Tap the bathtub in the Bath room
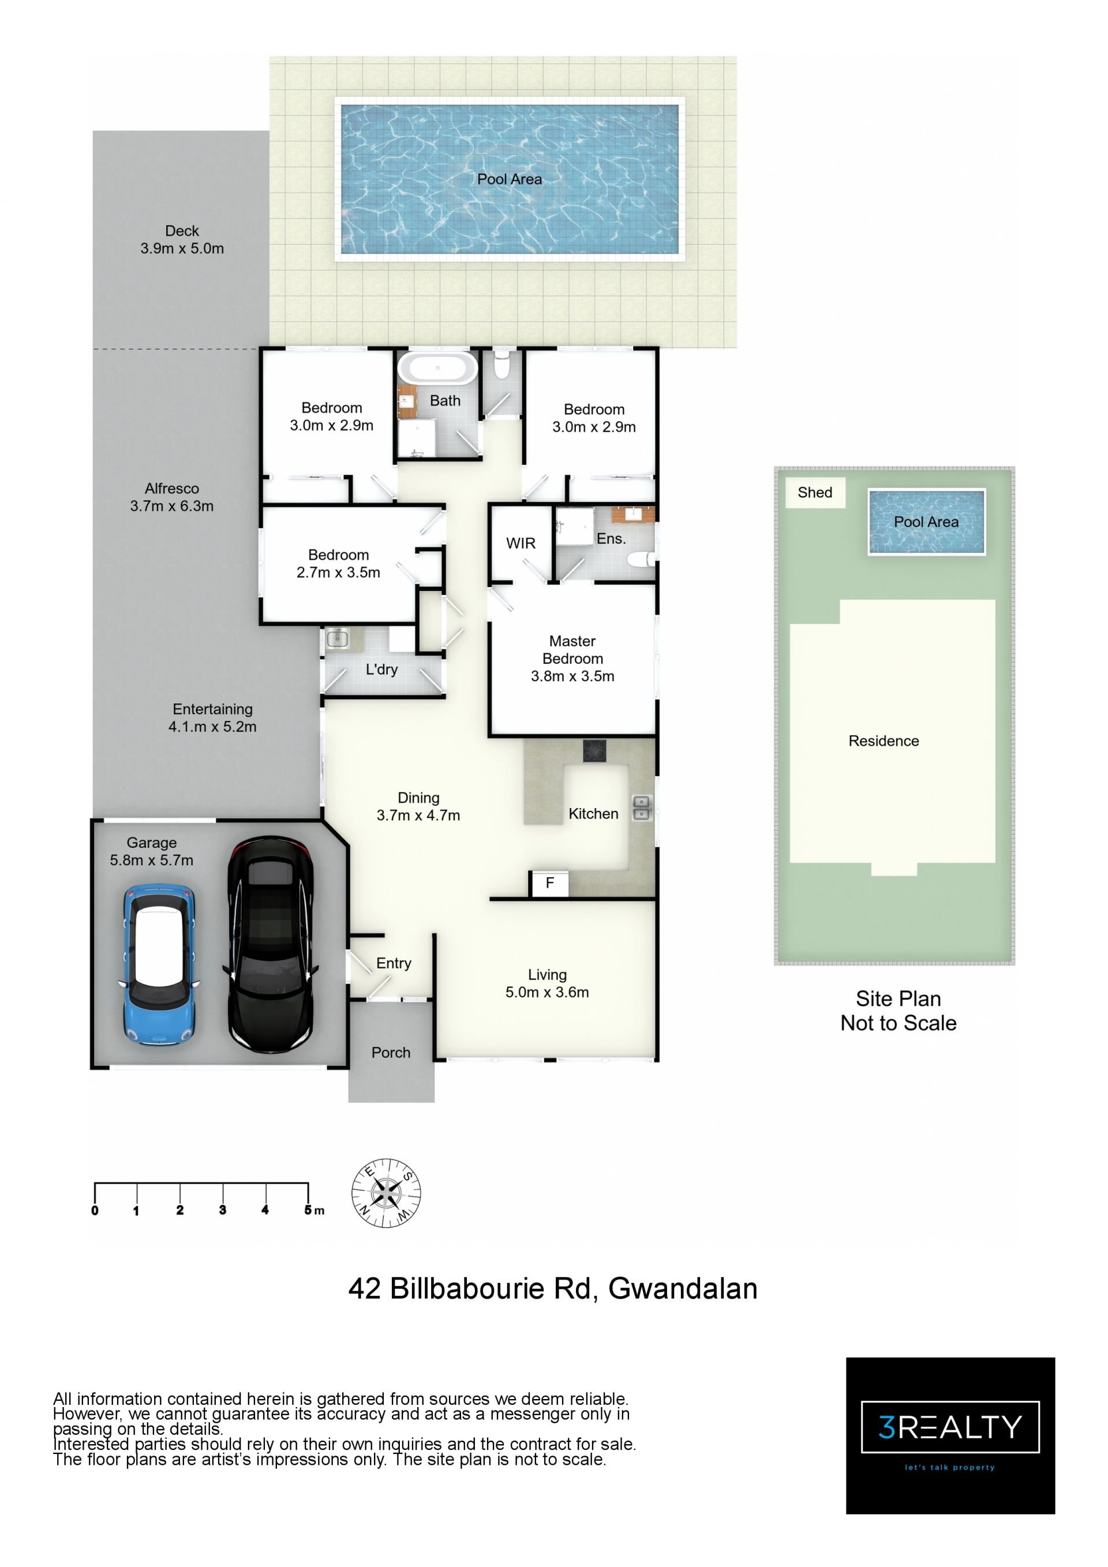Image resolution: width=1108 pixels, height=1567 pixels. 437,369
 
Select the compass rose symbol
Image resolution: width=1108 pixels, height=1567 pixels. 386,1192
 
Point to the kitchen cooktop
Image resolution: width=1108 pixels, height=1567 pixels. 594,751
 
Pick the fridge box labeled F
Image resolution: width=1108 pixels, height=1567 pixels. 549,883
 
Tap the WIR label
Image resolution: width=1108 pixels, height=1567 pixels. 521,543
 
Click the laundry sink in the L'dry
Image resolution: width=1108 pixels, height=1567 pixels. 337,639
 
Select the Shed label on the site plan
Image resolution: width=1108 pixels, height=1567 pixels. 815,493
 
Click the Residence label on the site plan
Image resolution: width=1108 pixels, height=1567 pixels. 884,741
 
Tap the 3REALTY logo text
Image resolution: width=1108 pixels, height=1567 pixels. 950,1427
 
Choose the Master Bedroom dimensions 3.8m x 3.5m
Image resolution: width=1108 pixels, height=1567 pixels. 572,676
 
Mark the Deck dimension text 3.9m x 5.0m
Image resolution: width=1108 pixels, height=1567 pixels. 182,248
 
